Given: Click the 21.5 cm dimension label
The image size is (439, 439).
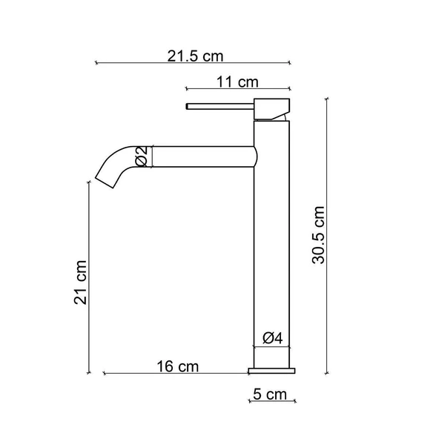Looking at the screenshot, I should pyautogui.click(x=195, y=56).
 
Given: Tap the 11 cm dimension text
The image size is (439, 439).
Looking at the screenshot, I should pyautogui.click(x=238, y=81).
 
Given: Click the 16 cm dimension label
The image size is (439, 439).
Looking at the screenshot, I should pyautogui.click(x=178, y=366).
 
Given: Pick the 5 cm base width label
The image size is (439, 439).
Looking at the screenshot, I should pyautogui.click(x=269, y=395).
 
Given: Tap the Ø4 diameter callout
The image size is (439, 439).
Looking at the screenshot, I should pyautogui.click(x=272, y=339).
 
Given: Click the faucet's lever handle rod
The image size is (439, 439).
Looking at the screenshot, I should pyautogui.click(x=219, y=105).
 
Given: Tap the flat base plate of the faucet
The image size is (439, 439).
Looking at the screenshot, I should pyautogui.click(x=271, y=368).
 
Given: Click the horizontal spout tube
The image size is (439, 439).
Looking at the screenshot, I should pyautogui.click(x=200, y=157).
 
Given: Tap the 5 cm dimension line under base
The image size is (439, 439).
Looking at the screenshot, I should pyautogui.click(x=271, y=403).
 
